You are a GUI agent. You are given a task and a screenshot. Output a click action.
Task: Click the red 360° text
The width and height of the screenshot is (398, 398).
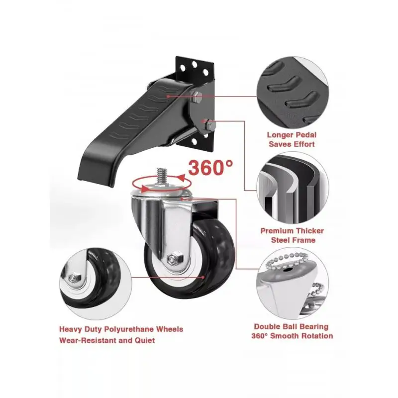pyautogui.click(x=210, y=168)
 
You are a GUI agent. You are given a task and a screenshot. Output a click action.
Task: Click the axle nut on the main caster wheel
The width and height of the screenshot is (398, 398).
pyautogui.click(x=175, y=258)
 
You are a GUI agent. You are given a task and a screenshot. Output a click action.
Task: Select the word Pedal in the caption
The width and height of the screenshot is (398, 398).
pyautogui.click(x=305, y=135)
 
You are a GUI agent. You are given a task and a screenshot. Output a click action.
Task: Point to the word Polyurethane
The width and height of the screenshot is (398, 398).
pyautogui.click(x=129, y=329)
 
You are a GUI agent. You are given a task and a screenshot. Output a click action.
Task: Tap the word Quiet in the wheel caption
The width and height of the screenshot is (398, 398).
pyautogui.click(x=145, y=340)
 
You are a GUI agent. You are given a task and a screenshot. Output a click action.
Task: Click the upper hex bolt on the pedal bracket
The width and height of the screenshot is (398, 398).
pyautogui.click(x=196, y=97)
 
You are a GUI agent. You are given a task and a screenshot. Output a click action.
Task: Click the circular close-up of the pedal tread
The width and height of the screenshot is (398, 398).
pyautogui.click(x=293, y=93)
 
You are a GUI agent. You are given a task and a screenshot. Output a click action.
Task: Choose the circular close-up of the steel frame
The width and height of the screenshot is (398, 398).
pyautogui.click(x=293, y=188)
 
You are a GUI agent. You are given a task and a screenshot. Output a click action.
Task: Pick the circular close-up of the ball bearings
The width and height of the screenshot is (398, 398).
pyautogui.click(x=293, y=284)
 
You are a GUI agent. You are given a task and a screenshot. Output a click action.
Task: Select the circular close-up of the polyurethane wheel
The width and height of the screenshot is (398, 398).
pyautogui.click(x=96, y=284)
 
